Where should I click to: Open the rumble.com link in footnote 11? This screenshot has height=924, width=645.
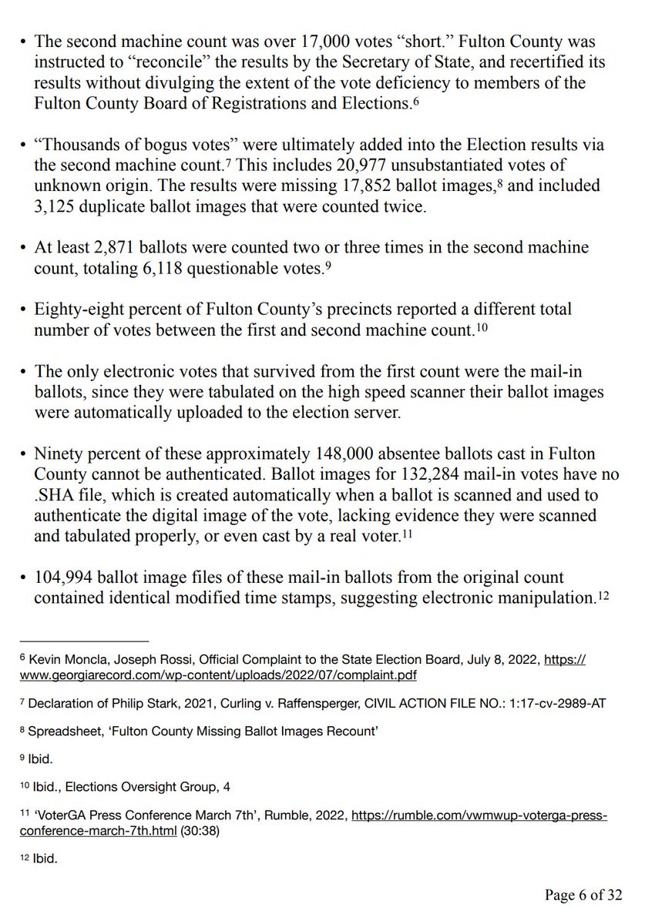coord(479,815)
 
